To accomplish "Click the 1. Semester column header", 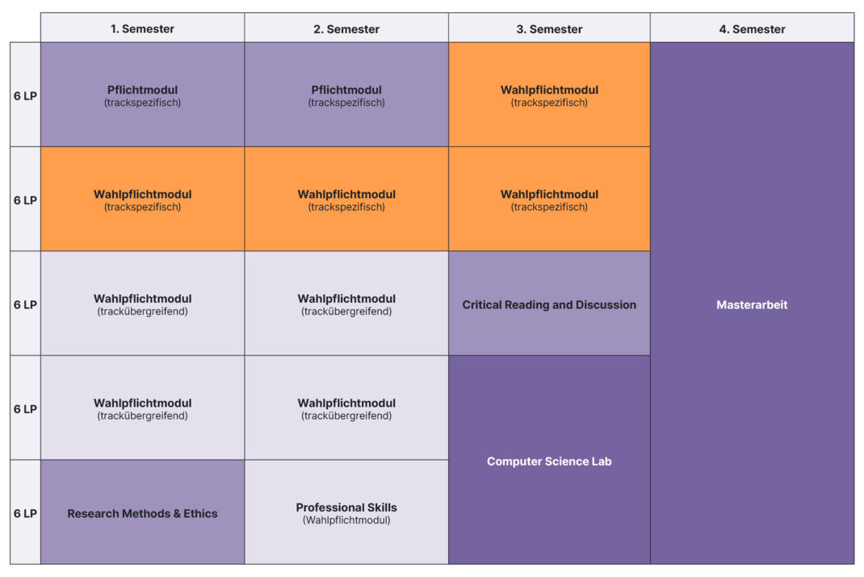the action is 142,28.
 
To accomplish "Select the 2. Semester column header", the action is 346,28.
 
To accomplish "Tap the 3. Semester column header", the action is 549,28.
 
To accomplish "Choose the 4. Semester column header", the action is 752,28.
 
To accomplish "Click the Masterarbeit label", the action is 752,305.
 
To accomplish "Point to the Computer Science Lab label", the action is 549,461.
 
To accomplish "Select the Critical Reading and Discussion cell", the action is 549,303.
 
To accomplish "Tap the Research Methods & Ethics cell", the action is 142,512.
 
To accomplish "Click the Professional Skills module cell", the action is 346,512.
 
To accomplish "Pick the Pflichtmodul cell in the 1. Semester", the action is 142,95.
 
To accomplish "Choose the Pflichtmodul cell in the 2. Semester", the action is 346,95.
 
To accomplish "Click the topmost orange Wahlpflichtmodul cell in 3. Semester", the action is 549,95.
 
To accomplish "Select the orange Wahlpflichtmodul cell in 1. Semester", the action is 142,199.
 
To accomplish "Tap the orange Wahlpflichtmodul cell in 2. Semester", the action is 346,199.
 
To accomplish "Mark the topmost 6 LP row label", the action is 25,96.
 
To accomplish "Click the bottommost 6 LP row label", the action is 25,514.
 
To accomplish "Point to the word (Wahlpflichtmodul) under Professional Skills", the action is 346,520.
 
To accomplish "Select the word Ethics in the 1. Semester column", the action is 200,514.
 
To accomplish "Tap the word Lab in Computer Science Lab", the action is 602,461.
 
